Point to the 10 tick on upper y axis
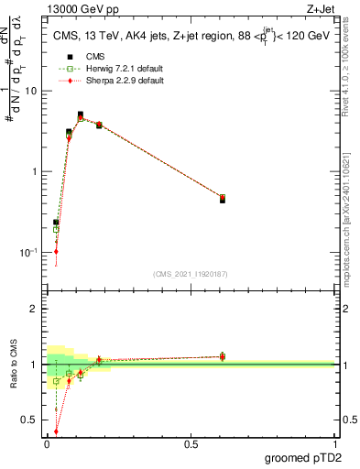(x=35, y=91)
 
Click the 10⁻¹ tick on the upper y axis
(x=33, y=252)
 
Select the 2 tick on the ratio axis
(x=38, y=309)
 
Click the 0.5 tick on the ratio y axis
(x=36, y=420)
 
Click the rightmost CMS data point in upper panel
(x=223, y=199)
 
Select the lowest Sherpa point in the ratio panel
(x=56, y=431)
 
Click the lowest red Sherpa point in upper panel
(x=56, y=251)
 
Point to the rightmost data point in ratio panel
(x=223, y=356)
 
